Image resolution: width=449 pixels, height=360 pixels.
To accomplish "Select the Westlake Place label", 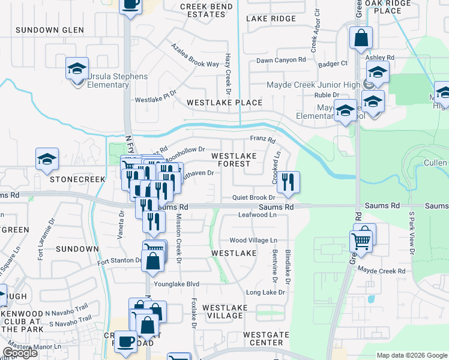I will coord(224,103).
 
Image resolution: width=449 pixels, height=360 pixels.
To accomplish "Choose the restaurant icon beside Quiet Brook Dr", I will coord(289,182).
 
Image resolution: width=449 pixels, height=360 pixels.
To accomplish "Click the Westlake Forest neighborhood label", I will coord(234,160).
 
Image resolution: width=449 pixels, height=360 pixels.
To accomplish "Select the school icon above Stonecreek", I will coord(47,160).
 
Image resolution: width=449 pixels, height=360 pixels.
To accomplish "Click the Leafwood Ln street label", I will coord(258,215).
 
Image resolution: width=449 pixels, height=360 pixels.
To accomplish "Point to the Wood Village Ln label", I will coord(253,240).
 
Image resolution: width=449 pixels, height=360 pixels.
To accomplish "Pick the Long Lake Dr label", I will coord(265,292).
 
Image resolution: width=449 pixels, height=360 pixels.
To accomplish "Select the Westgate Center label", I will coord(263,338).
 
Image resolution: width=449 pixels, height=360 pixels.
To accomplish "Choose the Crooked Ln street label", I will coord(277,163).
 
